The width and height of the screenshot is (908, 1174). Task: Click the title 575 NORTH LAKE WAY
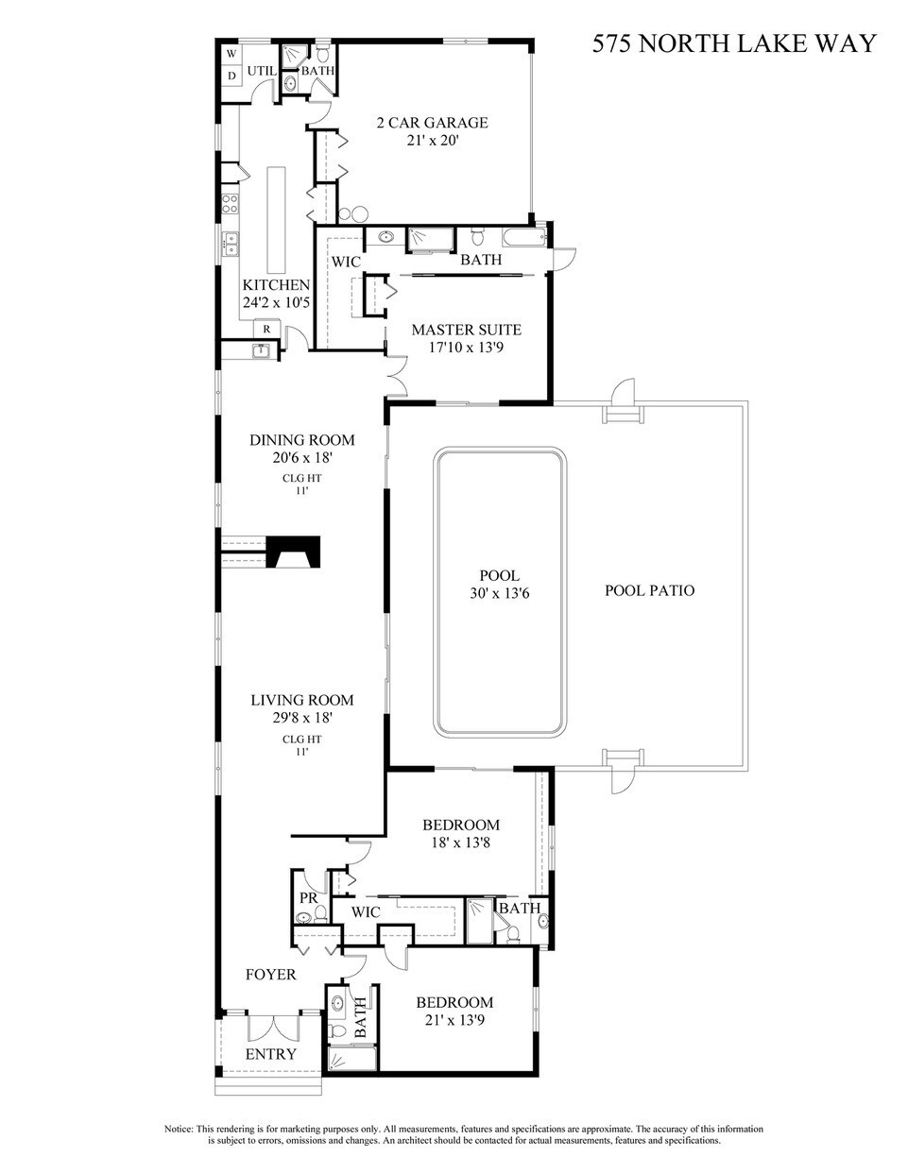(x=734, y=43)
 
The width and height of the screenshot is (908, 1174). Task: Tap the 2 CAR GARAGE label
(x=432, y=123)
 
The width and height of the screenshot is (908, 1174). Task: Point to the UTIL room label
(x=261, y=71)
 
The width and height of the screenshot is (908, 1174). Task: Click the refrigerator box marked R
(x=267, y=329)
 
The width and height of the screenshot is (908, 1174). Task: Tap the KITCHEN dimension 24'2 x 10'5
(x=276, y=302)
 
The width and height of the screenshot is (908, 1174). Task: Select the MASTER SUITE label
(x=466, y=330)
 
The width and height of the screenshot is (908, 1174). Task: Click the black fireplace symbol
(x=294, y=552)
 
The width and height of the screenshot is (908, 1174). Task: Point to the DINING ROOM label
(x=301, y=439)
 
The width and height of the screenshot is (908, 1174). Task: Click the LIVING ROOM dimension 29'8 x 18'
(x=301, y=718)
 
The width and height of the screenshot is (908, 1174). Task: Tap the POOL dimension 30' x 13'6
(x=500, y=593)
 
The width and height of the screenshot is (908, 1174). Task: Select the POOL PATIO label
(x=649, y=590)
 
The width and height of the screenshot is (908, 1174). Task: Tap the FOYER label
(x=270, y=975)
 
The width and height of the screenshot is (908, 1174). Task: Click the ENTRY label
(x=270, y=1054)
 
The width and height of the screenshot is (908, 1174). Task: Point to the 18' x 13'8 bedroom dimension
(x=460, y=842)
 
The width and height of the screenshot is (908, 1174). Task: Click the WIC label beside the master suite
(x=346, y=262)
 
